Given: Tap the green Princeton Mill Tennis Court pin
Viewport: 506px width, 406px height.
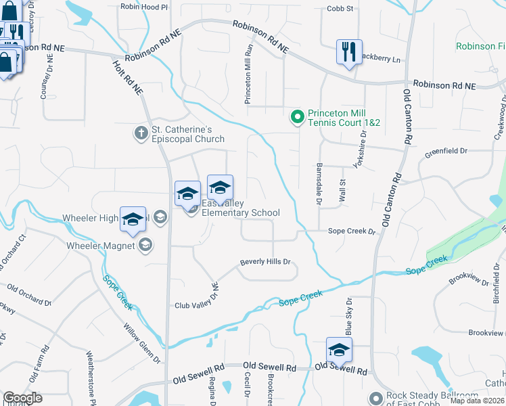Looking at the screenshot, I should pyautogui.click(x=296, y=118).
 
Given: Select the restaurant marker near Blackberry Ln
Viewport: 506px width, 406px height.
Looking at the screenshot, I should pyautogui.click(x=348, y=52).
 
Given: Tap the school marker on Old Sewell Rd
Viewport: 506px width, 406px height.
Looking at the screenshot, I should pyautogui.click(x=339, y=350).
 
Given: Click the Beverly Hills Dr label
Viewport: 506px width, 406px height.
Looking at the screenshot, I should pyautogui.click(x=265, y=262).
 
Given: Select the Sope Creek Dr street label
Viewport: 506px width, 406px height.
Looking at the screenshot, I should pyautogui.click(x=351, y=231).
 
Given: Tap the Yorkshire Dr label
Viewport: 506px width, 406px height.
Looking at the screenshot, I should pyautogui.click(x=359, y=155).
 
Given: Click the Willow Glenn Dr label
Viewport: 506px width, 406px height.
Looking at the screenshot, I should pyautogui.click(x=141, y=342).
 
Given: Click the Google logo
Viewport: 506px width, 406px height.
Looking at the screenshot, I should pyautogui.click(x=22, y=398).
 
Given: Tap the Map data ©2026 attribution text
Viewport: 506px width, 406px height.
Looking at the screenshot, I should pyautogui.click(x=478, y=401).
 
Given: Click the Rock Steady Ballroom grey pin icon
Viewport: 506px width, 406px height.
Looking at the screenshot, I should pyautogui.click(x=376, y=397).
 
